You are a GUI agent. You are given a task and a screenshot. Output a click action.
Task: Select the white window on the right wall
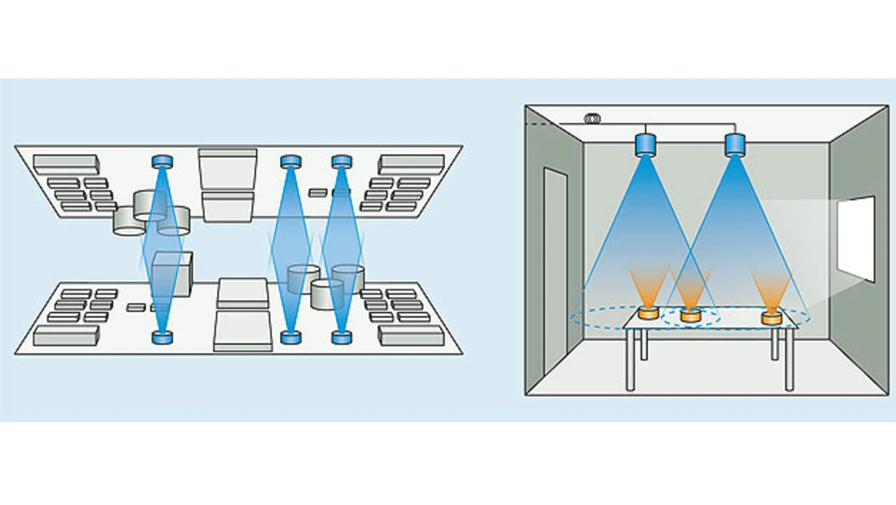(x=856, y=238)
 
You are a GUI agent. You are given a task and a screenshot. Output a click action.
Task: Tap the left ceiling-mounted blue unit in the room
(x=644, y=144)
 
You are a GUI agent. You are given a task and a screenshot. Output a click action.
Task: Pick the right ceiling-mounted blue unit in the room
(x=734, y=144)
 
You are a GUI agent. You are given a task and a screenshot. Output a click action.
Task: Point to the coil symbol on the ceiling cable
(x=592, y=119)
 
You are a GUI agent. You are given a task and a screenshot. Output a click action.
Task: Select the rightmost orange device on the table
(x=771, y=317)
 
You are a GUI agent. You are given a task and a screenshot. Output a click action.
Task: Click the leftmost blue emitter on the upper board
(x=162, y=162)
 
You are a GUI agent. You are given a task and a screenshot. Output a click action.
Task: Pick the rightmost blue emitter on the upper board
(x=341, y=162)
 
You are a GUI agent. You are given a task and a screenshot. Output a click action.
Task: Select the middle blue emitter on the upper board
(x=290, y=162)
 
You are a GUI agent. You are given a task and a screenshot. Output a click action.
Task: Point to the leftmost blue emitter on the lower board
(x=162, y=338)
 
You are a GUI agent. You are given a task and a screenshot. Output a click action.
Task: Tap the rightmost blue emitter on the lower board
(x=341, y=338)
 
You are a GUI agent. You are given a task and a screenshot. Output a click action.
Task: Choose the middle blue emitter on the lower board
(x=290, y=338)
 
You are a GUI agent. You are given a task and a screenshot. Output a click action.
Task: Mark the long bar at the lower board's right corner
(x=411, y=335)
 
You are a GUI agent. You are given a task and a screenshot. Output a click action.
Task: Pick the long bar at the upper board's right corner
(x=412, y=164)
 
